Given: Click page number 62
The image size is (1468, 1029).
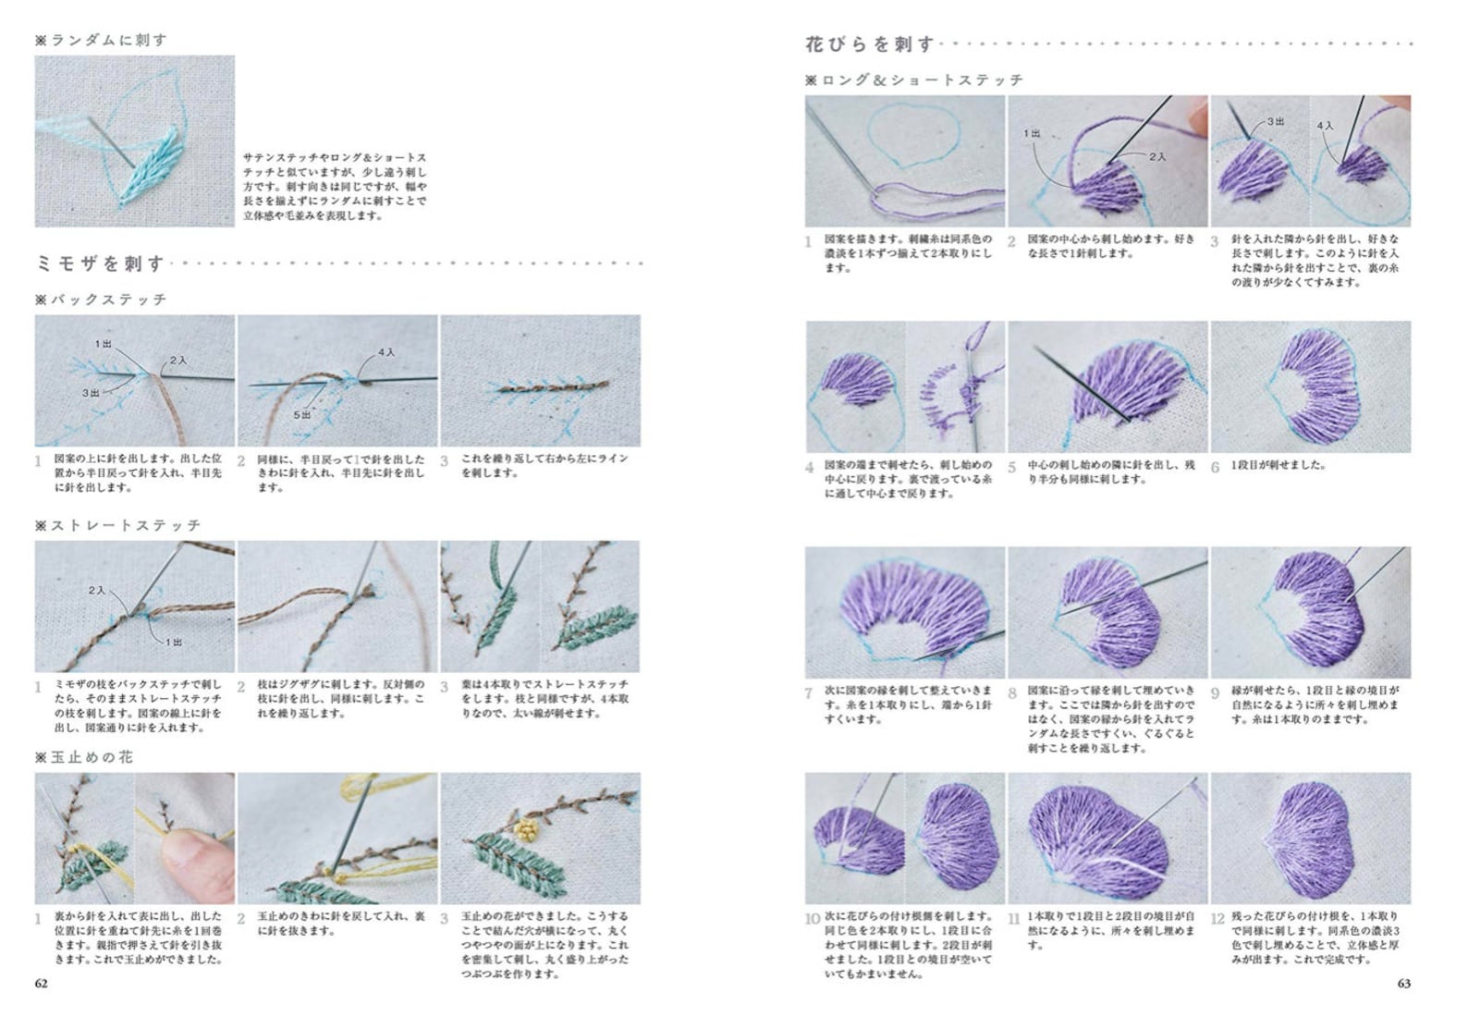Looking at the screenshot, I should point(41,984).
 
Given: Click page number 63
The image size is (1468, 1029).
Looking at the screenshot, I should point(1403,984).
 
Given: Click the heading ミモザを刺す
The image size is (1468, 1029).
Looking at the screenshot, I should point(100,264).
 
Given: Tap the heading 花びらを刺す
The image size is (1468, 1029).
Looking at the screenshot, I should point(870,44).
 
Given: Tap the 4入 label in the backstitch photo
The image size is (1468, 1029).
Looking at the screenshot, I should point(386,352).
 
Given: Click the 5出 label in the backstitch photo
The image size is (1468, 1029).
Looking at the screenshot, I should point(302,415).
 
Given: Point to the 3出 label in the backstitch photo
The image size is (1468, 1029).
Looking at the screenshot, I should point(91,393).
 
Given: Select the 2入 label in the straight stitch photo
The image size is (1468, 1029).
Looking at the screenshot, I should point(97,590).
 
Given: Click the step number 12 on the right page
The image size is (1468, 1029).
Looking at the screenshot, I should point(1217,918).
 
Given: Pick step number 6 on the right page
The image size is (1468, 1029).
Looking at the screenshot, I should point(1216,467).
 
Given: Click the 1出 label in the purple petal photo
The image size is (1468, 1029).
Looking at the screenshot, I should point(1032,133).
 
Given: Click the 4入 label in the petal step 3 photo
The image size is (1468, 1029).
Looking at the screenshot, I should point(1325,125).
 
